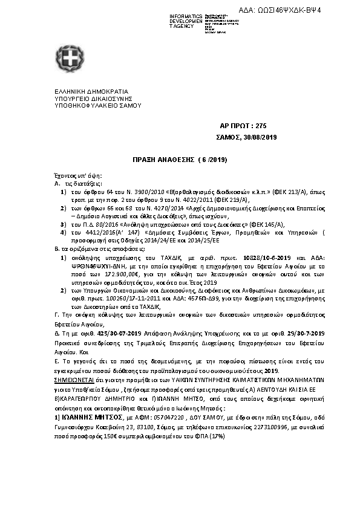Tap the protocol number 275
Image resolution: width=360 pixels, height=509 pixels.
point(261,126)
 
